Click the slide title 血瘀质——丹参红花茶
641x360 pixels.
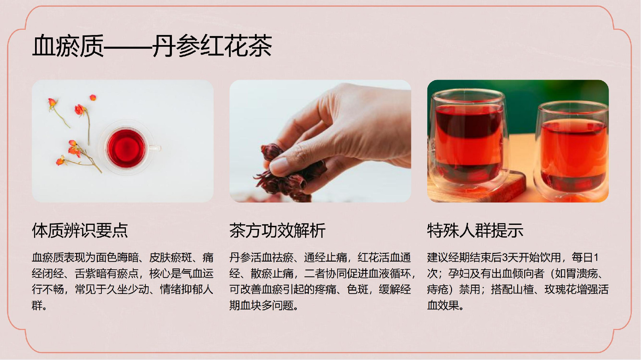point(152,46)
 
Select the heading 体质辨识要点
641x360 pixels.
point(80,231)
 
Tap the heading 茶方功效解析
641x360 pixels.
point(277,231)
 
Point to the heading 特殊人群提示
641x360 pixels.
point(475,231)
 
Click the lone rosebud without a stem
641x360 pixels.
point(93,97)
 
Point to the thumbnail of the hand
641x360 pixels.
point(320,141)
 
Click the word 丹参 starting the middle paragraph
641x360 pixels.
point(240,258)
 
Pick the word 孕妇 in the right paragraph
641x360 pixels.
point(459,274)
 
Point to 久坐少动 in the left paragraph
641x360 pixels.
point(128,289)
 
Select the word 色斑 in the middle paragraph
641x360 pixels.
point(358,289)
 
